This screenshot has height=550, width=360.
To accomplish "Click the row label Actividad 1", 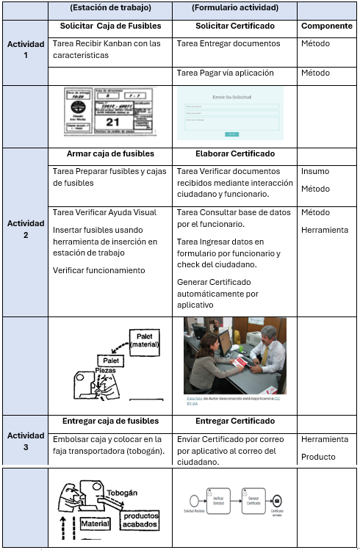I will coord(26,50).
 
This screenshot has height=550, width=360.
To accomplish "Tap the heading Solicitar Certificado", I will coord(235,26).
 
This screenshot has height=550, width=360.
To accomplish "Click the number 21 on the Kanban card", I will coord(113,121).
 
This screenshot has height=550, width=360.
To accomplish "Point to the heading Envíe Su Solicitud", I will coord(229,96).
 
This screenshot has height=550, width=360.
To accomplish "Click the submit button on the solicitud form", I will coord(231,134).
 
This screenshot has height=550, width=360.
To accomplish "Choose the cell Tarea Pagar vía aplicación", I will coord(226,73).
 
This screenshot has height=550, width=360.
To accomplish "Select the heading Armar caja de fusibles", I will coord(110,153).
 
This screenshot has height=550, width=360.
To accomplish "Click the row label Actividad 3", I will coord(26,441).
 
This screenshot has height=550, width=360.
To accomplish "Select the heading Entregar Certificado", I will coord(235,421).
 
